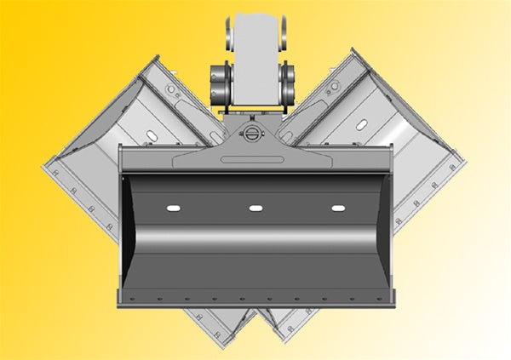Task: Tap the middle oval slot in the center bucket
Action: coord(255,209)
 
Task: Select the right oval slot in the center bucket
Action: coord(338,209)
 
